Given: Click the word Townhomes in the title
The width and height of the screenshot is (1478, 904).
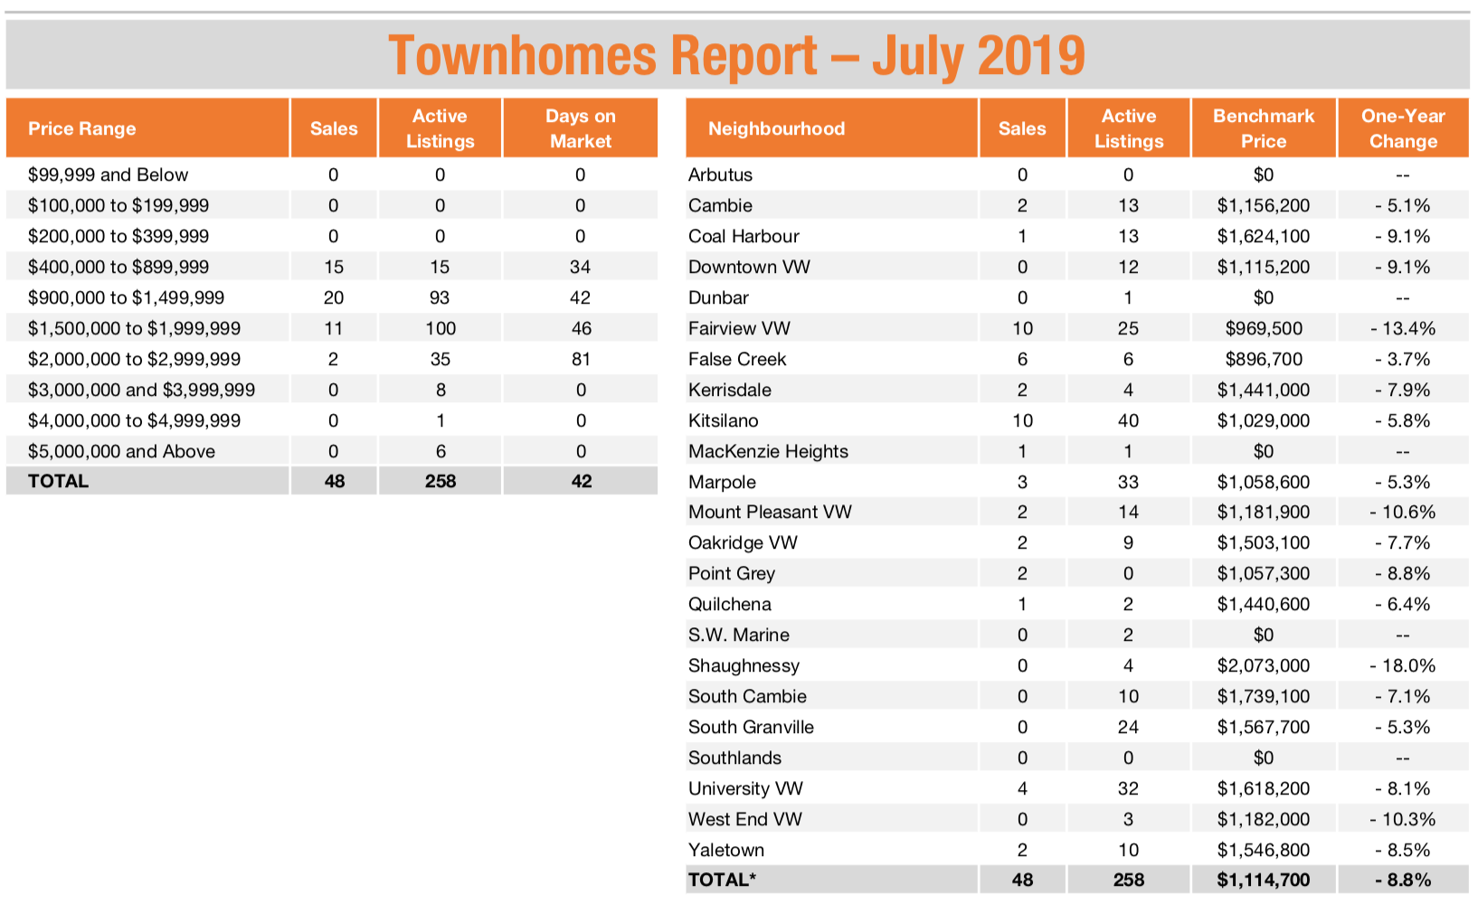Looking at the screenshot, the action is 522,55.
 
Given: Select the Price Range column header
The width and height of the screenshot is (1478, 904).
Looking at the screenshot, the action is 81,128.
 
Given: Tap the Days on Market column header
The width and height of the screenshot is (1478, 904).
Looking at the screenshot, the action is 581,128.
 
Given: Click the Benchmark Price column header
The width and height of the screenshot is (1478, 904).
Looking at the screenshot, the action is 1264,128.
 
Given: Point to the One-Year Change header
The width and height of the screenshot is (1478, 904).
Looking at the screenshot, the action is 1403,128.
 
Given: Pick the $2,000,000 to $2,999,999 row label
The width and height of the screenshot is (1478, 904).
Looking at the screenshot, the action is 134,360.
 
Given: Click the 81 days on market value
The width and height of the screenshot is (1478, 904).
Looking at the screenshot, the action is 581,360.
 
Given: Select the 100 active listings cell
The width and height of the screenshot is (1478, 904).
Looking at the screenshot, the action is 441,328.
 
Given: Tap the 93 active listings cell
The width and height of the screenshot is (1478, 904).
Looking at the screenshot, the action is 440,298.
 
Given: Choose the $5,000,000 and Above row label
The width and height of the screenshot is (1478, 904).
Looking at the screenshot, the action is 121,452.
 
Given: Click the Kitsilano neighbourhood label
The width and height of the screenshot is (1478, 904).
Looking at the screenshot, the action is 723,420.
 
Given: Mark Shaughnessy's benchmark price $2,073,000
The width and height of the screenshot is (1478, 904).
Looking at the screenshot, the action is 1264,666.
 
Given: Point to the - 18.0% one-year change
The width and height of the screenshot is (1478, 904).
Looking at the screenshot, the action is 1402,666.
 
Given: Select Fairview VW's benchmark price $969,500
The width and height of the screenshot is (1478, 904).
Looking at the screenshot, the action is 1264,328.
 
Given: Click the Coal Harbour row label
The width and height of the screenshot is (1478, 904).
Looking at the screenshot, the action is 744,236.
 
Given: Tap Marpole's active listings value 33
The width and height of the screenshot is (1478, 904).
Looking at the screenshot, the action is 1128,482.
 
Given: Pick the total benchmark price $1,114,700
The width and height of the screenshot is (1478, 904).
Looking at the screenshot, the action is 1264,880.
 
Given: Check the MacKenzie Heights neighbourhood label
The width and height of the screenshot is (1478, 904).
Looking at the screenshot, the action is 768,452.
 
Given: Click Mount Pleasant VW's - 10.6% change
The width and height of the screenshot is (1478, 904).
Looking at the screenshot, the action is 1402,513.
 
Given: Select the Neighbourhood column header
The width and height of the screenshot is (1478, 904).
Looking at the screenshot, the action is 777,128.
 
